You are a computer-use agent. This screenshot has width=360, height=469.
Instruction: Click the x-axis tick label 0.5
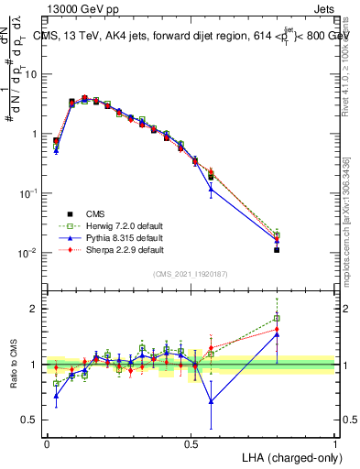(191, 443)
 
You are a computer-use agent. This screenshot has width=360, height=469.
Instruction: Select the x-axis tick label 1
(335, 443)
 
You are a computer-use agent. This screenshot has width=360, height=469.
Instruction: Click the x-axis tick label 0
(47, 443)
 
